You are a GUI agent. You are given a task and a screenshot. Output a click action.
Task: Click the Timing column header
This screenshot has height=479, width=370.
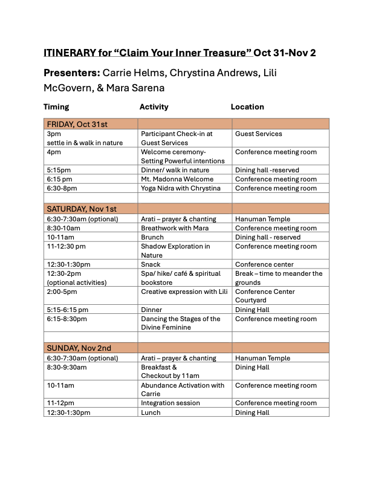click(x=56, y=107)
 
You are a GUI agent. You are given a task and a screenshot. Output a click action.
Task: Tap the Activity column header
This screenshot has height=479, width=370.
click(x=154, y=107)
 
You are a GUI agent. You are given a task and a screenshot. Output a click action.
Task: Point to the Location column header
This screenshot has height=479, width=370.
click(x=247, y=107)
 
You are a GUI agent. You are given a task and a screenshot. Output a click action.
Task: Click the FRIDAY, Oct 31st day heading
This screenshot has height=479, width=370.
click(x=77, y=125)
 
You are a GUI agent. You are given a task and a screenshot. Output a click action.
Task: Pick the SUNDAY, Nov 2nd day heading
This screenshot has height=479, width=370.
click(x=79, y=348)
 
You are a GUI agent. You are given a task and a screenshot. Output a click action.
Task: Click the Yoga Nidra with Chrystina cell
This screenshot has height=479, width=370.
click(x=180, y=188)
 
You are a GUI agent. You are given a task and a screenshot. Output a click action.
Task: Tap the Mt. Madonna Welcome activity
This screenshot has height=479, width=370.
click(x=177, y=179)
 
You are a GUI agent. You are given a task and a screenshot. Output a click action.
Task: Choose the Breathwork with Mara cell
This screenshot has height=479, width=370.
click(x=174, y=228)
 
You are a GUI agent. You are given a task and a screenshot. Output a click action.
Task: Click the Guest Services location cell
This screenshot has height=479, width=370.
click(x=259, y=134)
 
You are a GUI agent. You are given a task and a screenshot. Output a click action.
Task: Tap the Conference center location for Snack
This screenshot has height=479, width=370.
click(x=264, y=264)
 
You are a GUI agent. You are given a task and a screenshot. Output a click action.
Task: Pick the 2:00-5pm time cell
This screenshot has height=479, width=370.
click(x=62, y=292)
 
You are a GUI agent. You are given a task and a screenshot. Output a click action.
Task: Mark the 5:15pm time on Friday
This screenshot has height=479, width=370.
click(x=59, y=170)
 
